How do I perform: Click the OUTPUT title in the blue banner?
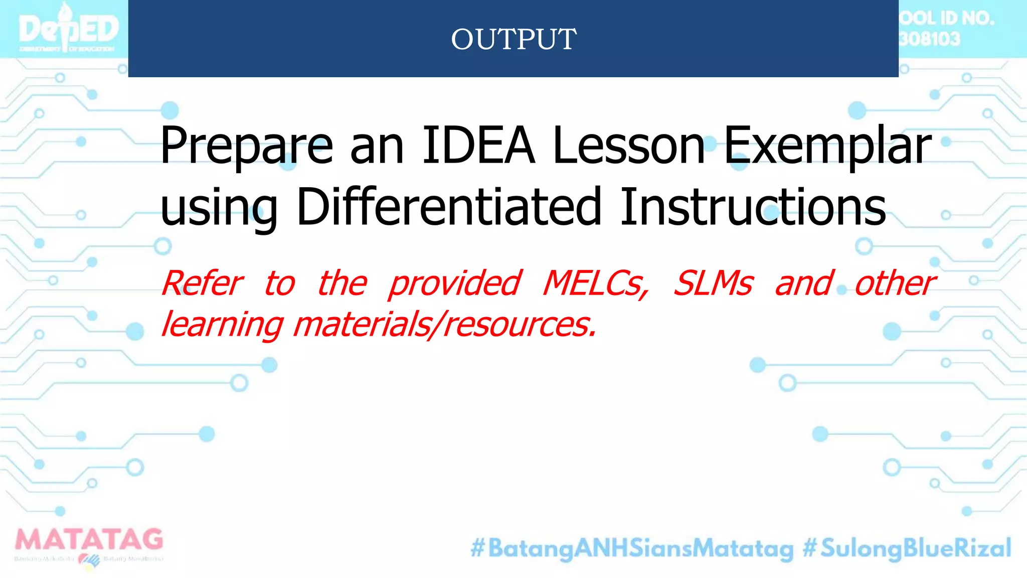click(x=513, y=39)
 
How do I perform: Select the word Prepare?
click(x=246, y=146)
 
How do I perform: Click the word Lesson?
click(x=629, y=146)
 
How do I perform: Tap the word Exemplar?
click(x=827, y=146)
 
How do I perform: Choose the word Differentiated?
click(x=449, y=207)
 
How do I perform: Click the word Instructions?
click(x=753, y=207)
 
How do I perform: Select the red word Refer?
click(x=203, y=283)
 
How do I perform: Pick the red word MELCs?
click(x=596, y=283)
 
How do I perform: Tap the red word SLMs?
click(x=713, y=283)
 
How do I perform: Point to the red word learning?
click(x=223, y=325)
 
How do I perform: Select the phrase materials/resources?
click(x=445, y=325)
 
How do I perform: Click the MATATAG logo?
click(x=89, y=546)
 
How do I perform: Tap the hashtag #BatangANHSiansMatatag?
click(x=632, y=548)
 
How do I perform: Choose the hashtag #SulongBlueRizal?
click(x=907, y=548)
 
